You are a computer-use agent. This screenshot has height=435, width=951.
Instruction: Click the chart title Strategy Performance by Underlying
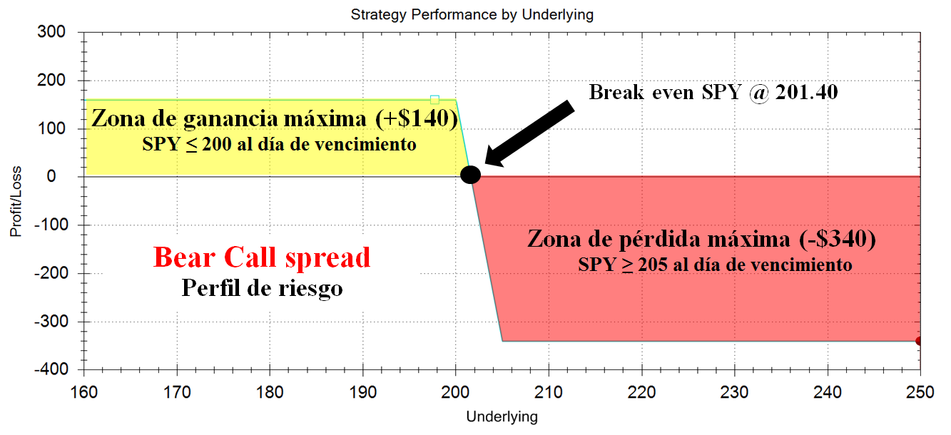[x=472, y=15]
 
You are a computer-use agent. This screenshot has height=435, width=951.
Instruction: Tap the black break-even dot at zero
[x=470, y=175]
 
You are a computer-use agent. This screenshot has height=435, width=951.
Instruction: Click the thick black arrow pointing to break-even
[x=529, y=133]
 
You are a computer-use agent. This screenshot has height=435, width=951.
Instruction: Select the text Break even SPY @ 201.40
[x=713, y=92]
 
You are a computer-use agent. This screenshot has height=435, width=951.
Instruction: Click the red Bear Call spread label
[x=262, y=257]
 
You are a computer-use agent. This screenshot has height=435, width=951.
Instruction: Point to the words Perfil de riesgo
[x=262, y=288]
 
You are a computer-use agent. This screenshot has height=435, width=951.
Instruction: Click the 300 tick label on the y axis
[x=51, y=32]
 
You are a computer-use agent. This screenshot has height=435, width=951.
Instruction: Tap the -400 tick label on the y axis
[x=51, y=369]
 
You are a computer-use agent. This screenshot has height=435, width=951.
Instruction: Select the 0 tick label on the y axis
[x=51, y=176]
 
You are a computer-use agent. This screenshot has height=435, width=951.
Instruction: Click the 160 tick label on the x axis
[x=83, y=392]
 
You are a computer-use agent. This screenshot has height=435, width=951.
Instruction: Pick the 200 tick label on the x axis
[x=456, y=392]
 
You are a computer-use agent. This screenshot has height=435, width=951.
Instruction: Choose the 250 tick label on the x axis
[x=920, y=392]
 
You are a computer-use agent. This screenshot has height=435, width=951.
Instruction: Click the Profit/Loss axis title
[x=16, y=201]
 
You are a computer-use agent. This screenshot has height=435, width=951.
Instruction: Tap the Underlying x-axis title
[x=502, y=416]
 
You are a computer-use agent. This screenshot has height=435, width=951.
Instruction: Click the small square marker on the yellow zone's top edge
[x=434, y=100]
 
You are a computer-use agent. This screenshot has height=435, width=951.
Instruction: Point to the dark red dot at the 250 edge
[x=919, y=341]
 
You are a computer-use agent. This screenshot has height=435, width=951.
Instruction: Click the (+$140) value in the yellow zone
[x=417, y=118]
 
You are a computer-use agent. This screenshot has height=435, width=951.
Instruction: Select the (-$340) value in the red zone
[x=838, y=238]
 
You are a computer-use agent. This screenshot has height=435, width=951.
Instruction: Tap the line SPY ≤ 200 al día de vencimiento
[x=279, y=144]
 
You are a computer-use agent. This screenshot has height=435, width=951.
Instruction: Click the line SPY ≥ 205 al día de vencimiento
[x=715, y=265]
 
